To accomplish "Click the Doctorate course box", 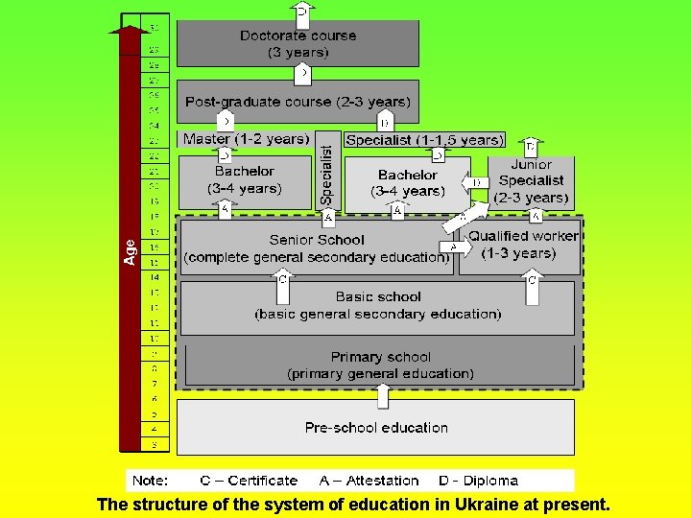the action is tap(298, 43).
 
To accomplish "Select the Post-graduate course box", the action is tap(298, 101).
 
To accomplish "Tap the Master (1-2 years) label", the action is tap(246, 139).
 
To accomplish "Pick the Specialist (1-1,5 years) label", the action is tap(423, 140).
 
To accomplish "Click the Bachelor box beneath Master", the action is tap(245, 179).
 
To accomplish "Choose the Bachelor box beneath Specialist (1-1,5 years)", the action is tap(407, 182).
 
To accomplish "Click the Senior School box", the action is tap(317, 247).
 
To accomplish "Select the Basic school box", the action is tap(378, 306).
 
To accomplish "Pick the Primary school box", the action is tap(380, 365).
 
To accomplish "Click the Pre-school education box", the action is tap(376, 427).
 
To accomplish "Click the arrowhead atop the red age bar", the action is tap(129, 31).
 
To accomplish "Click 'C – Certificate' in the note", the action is tap(249, 481).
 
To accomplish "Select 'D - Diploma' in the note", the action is tap(478, 481).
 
